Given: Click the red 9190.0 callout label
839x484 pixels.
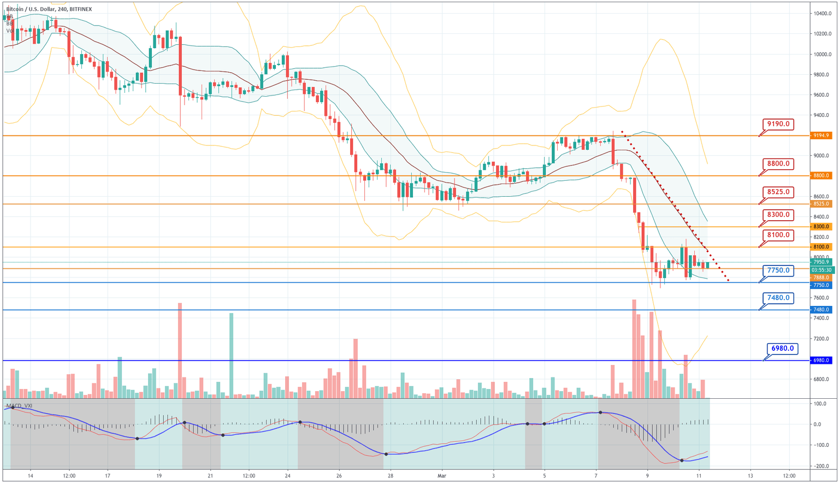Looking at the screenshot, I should [x=778, y=124].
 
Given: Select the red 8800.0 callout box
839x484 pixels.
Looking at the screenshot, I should [x=778, y=163].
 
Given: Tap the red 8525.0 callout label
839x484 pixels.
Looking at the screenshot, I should [x=778, y=192].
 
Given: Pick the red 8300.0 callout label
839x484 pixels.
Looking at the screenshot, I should [x=778, y=215].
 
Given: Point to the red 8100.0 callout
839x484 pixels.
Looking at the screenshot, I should [x=778, y=235].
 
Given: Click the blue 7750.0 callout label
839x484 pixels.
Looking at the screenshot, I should [x=778, y=270].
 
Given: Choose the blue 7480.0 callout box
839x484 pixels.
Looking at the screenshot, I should [x=778, y=298].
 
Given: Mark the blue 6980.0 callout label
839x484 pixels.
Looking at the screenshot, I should [x=782, y=348].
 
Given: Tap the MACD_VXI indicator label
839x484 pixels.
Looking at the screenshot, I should [x=20, y=406].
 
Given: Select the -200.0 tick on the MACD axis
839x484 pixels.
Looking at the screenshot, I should [x=819, y=466].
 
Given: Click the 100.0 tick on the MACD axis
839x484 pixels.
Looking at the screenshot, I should [x=819, y=404].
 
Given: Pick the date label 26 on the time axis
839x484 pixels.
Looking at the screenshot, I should [x=339, y=476].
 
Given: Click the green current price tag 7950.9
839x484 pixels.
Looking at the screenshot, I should [x=822, y=262].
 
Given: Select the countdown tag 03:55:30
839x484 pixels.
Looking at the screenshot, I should [x=822, y=270].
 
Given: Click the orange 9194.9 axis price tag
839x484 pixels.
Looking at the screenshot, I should [x=822, y=135].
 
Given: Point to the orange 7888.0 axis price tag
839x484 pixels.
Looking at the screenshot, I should [x=822, y=278].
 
